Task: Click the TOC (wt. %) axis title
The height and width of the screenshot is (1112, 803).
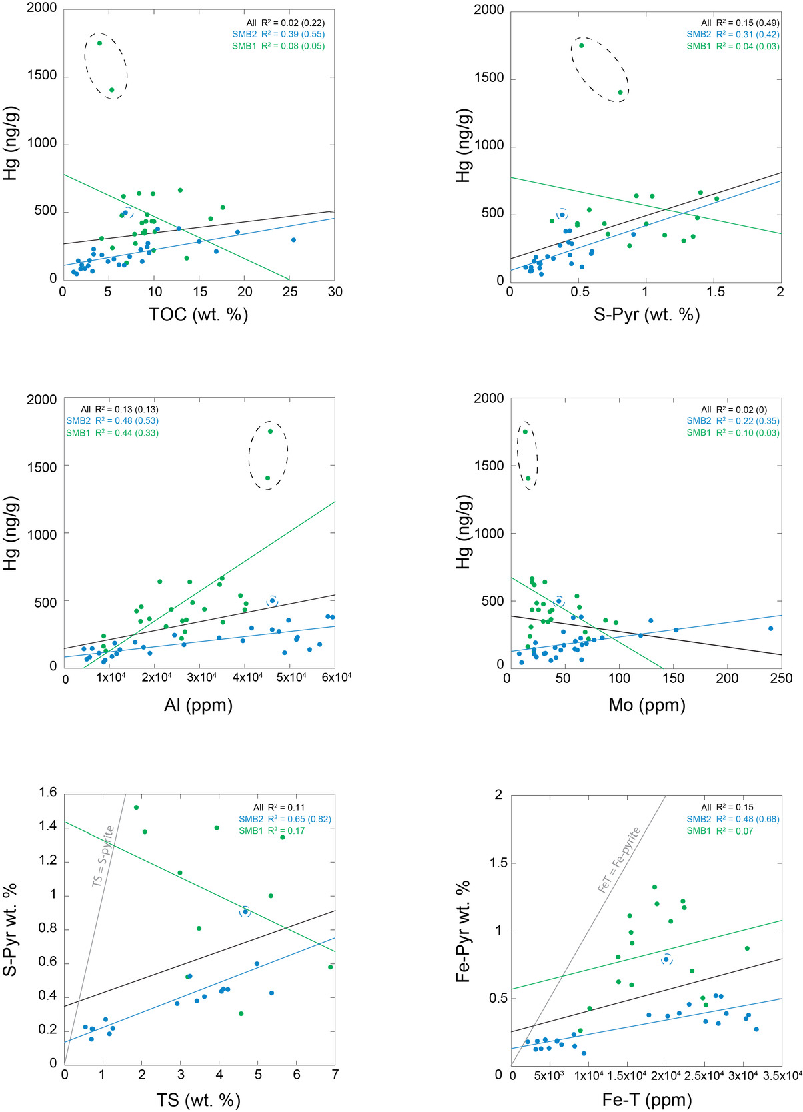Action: [x=199, y=314]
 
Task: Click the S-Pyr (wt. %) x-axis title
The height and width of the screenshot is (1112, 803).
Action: [x=646, y=314]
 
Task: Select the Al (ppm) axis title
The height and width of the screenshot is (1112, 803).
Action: [x=199, y=705]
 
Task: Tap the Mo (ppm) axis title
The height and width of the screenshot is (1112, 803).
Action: [x=646, y=705]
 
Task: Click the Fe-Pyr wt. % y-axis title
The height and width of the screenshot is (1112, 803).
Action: [x=463, y=931]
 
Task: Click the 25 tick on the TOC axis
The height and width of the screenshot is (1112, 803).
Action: [x=290, y=292]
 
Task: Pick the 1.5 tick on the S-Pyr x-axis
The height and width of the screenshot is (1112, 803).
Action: [x=713, y=292]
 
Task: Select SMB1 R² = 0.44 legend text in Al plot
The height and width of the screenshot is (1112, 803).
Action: [x=112, y=433]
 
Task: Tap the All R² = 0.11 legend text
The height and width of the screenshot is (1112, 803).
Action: [x=279, y=808]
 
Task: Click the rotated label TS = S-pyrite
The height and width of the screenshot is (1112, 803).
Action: [x=103, y=857]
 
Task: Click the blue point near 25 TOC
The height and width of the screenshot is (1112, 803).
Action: [x=293, y=240]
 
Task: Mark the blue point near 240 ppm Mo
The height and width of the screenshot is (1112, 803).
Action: [x=770, y=628]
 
